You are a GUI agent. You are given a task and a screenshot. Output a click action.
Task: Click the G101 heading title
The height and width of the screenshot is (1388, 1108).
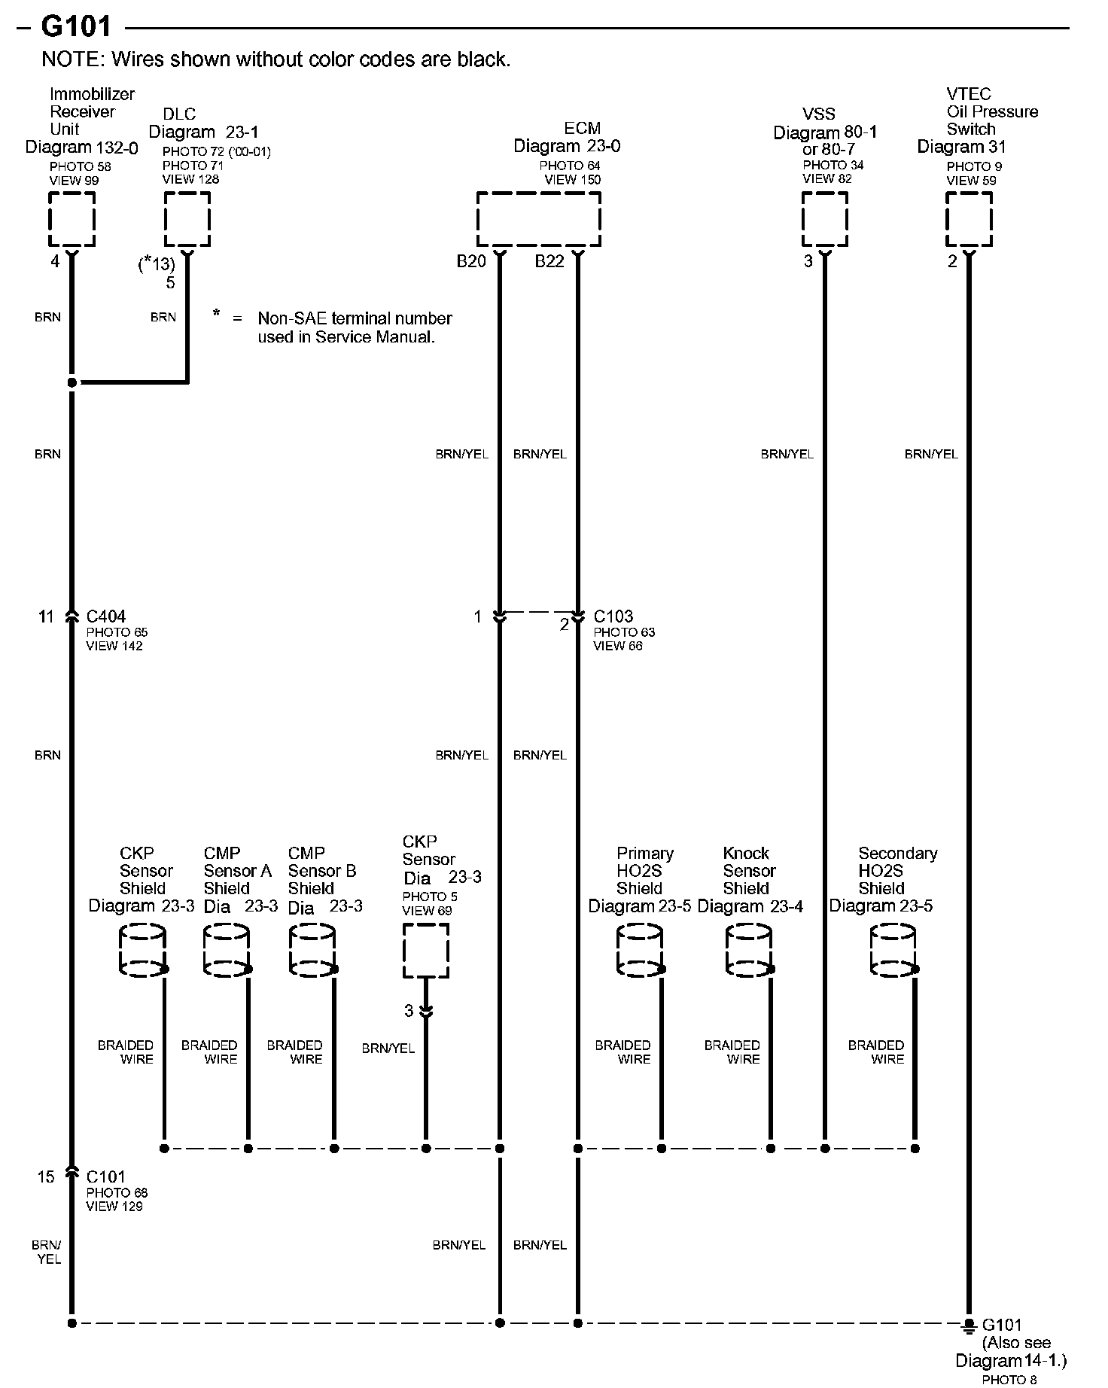(75, 27)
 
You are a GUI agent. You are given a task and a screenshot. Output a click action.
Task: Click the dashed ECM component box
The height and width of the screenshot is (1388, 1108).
(538, 219)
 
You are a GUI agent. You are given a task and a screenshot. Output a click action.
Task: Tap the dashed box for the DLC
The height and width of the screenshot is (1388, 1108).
(187, 219)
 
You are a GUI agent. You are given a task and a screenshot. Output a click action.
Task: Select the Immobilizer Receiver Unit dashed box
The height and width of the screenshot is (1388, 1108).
(72, 219)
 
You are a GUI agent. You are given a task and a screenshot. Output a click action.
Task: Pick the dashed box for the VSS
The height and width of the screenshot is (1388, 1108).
(824, 219)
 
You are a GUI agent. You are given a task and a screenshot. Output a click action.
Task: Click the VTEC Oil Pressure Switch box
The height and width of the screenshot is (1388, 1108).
(969, 219)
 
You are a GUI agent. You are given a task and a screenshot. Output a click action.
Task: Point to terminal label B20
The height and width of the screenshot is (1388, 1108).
(471, 261)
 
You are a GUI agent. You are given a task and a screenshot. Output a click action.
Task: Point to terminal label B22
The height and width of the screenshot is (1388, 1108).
(549, 261)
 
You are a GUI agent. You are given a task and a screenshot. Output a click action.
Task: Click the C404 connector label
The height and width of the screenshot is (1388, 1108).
(106, 616)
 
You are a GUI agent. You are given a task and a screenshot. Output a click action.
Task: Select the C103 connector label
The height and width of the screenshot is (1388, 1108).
(613, 616)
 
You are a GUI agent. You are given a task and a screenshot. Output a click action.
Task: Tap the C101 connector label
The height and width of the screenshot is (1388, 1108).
(106, 1176)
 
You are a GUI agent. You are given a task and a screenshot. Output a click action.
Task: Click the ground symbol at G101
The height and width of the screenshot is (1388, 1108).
(969, 1324)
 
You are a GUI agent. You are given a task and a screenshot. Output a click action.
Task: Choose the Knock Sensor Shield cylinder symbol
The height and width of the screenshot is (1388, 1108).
(748, 951)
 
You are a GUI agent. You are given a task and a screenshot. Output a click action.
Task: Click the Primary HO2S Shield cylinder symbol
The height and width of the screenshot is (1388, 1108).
(640, 951)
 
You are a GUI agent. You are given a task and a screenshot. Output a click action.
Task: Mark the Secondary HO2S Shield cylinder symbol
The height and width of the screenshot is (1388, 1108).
(893, 951)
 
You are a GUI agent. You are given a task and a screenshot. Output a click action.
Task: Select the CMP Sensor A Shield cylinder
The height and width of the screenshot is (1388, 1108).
(226, 951)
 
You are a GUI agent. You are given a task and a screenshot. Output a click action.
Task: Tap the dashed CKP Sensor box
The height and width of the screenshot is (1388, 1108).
(426, 951)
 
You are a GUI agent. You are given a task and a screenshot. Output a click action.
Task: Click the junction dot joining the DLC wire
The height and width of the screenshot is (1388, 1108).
(72, 382)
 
